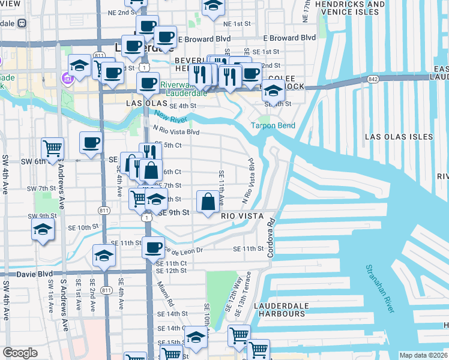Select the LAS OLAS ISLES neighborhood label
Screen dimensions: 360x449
[x=399, y=137]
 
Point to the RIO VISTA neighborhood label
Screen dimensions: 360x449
[x=244, y=215]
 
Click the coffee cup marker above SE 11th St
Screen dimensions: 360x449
[x=153, y=246]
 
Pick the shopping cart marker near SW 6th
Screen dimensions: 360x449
[x=53, y=147]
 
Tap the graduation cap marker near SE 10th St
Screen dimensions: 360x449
[x=42, y=229]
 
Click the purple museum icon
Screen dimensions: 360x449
[x=66, y=77]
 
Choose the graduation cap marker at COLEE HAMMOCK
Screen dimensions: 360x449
[x=273, y=90]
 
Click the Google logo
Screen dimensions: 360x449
[x=20, y=353]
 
